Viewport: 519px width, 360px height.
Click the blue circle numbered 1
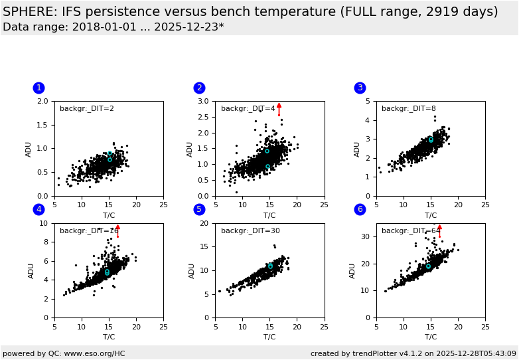click(38, 88)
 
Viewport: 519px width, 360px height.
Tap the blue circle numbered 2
click(199, 88)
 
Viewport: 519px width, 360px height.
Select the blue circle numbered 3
click(360, 88)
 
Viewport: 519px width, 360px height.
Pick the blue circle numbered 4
click(38, 210)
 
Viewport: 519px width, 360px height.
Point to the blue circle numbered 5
click(199, 210)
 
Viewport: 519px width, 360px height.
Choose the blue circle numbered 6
click(360, 210)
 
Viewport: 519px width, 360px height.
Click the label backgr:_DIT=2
click(87, 109)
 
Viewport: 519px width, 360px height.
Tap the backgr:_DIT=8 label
click(409, 109)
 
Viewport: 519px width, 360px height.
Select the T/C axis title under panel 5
click(269, 337)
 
